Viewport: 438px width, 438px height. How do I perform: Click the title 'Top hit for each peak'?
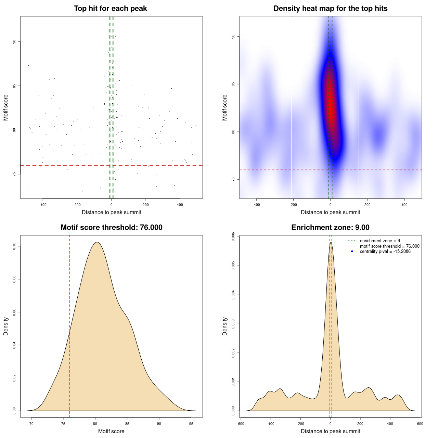pos(110,9)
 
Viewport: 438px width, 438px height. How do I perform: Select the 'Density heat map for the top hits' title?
pos(330,9)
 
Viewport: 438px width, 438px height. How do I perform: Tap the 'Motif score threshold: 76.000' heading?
pos(111,228)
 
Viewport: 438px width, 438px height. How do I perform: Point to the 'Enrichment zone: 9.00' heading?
pos(330,228)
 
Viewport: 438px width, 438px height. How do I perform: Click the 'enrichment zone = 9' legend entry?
pos(380,241)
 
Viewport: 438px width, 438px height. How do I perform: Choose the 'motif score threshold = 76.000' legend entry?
pos(389,246)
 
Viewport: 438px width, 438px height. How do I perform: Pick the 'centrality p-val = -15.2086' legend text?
pos(385,252)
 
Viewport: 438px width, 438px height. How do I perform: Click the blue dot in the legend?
pos(352,252)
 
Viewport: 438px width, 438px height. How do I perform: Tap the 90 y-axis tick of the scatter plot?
pos(14,42)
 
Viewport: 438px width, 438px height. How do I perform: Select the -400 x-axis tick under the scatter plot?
pos(43,205)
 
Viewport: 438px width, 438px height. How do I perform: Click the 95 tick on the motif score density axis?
pos(191,424)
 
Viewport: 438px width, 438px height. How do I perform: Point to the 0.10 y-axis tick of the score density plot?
pos(14,246)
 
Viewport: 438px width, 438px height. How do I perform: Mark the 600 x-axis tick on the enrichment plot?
pos(420,424)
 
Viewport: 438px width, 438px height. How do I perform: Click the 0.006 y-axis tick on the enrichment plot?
pos(233,237)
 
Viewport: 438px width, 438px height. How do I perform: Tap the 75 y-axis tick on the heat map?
pos(233,179)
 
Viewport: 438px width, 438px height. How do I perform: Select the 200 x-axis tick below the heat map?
pos(367,205)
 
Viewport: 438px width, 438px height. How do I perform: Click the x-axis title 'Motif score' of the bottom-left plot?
pos(111,431)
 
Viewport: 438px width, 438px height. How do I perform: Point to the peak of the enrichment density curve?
pos(331,243)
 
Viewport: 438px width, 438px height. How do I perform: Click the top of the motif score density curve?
pos(97,242)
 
